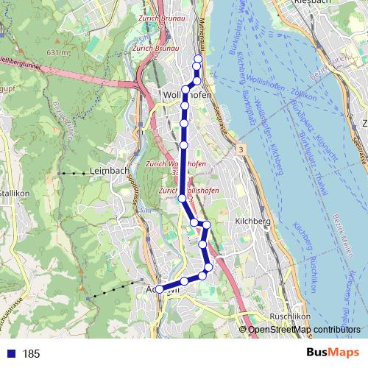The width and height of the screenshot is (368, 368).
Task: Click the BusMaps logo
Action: [x=328, y=353]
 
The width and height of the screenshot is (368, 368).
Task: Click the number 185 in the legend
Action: [x=31, y=354]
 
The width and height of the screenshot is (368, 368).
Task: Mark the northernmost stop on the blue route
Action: [x=197, y=59]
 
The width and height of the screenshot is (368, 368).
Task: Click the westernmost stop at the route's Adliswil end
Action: [x=159, y=289]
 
